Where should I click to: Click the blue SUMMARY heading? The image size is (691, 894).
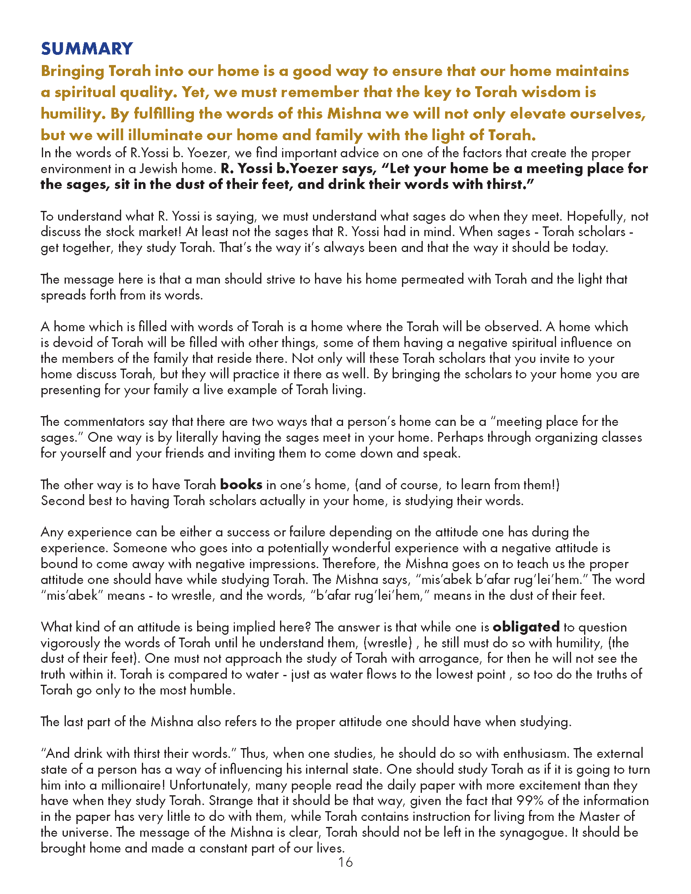click(x=87, y=49)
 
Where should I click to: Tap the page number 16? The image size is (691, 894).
click(x=345, y=862)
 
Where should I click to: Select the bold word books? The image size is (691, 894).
click(x=241, y=485)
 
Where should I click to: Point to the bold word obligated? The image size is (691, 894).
click(x=526, y=627)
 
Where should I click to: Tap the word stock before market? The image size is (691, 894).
click(x=120, y=232)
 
